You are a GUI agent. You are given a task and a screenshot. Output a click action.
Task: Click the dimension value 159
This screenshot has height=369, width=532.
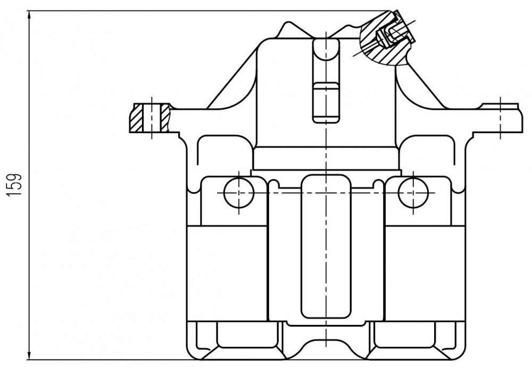(x=14, y=185)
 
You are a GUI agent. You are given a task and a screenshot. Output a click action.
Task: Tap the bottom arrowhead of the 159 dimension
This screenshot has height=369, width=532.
(x=30, y=354)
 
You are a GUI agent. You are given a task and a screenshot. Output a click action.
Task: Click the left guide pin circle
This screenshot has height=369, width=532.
(x=239, y=192)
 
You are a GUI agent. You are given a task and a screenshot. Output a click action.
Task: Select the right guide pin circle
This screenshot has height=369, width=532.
(x=413, y=192)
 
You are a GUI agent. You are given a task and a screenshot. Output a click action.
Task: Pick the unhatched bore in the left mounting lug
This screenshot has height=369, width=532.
(x=152, y=118)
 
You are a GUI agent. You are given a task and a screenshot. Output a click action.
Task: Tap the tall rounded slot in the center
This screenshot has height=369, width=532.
(x=326, y=247)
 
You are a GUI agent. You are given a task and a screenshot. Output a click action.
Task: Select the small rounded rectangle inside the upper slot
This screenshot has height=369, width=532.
(x=326, y=102)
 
